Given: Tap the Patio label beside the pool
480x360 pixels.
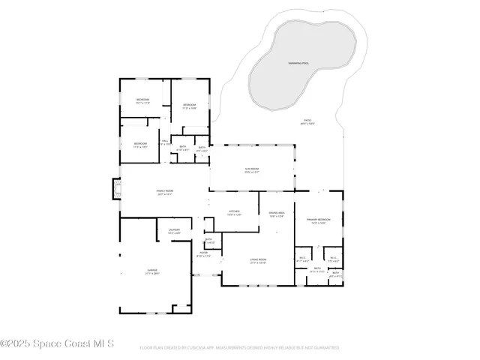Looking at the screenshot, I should [x=307, y=120].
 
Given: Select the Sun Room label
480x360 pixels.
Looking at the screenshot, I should [x=252, y=169].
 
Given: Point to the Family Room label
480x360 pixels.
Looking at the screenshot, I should [x=165, y=191].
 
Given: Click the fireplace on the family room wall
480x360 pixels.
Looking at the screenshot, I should [x=115, y=190].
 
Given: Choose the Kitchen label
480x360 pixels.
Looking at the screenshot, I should [x=234, y=211].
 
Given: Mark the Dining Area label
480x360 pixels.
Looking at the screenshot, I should [x=277, y=213].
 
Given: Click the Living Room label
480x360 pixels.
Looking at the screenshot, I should [x=258, y=259].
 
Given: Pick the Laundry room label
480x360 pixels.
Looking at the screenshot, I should [x=174, y=230].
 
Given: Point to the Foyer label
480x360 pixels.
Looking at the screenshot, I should [x=203, y=253].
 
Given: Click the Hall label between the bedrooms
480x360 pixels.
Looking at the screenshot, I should [x=165, y=140].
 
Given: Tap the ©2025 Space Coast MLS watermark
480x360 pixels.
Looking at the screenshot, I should [x=56, y=344].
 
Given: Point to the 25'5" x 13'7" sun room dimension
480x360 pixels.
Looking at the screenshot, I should [x=252, y=173].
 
